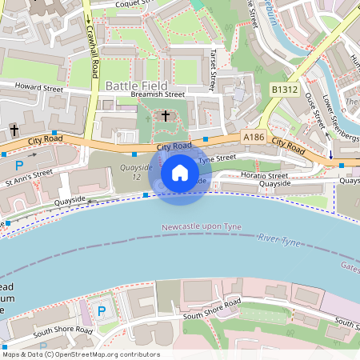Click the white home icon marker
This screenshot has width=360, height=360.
(x=180, y=172)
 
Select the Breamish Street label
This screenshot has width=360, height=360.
(x=157, y=95)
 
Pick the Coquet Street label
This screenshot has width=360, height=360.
(x=122, y=4)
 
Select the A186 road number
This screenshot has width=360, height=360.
(x=254, y=138)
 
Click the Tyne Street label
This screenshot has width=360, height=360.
(x=218, y=158)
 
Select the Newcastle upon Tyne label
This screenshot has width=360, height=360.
(x=200, y=226)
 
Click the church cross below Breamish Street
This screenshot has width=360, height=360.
(x=166, y=116)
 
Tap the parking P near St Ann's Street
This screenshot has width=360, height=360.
(x=19, y=166)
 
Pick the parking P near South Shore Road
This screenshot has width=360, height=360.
(x=102, y=310)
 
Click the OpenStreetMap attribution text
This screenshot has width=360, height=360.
(x=80, y=354)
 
